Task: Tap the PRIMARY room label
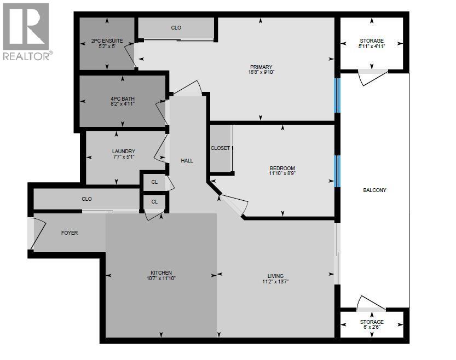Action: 261,67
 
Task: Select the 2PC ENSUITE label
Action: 107,41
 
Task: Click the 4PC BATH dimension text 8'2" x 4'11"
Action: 123,104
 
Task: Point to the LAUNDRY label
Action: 124,152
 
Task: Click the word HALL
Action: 187,161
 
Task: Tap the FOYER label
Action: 70,233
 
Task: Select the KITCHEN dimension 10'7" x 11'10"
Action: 161,278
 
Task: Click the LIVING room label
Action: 275,276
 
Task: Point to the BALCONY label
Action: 374,190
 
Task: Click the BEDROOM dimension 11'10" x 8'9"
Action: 282,173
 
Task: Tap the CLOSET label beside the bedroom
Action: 220,148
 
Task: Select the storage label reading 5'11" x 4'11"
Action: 372,46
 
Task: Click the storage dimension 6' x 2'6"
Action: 372,327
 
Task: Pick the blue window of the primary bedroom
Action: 337,95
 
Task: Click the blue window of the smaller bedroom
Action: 337,171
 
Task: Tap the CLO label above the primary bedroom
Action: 176,27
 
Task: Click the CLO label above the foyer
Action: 86,199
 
